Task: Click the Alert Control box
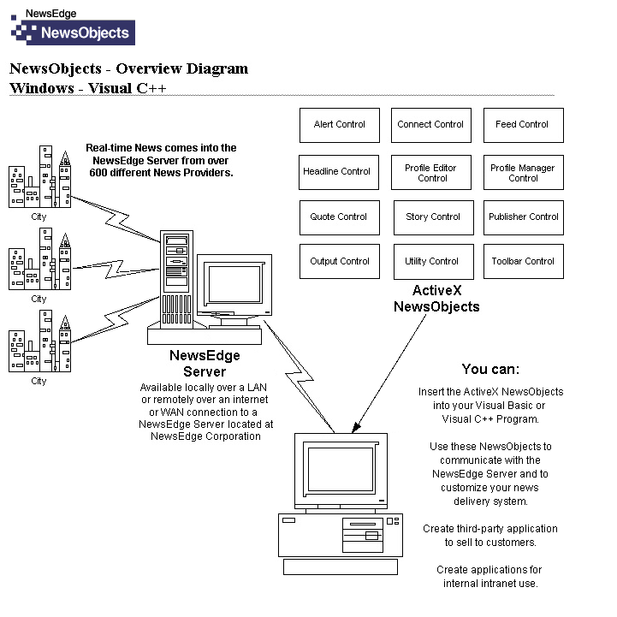339,125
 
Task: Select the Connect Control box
430,125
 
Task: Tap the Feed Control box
523,125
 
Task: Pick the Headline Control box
337,172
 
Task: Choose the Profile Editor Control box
431,173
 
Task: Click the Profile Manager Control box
523,173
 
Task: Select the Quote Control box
339,217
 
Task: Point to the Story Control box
433,217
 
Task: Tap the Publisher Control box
524,217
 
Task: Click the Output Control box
339,262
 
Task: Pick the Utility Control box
432,262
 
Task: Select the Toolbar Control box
524,262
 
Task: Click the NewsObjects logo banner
72,33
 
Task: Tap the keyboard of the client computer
341,567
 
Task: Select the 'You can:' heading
490,370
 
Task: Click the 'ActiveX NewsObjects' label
436,299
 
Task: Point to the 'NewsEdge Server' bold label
205,364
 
